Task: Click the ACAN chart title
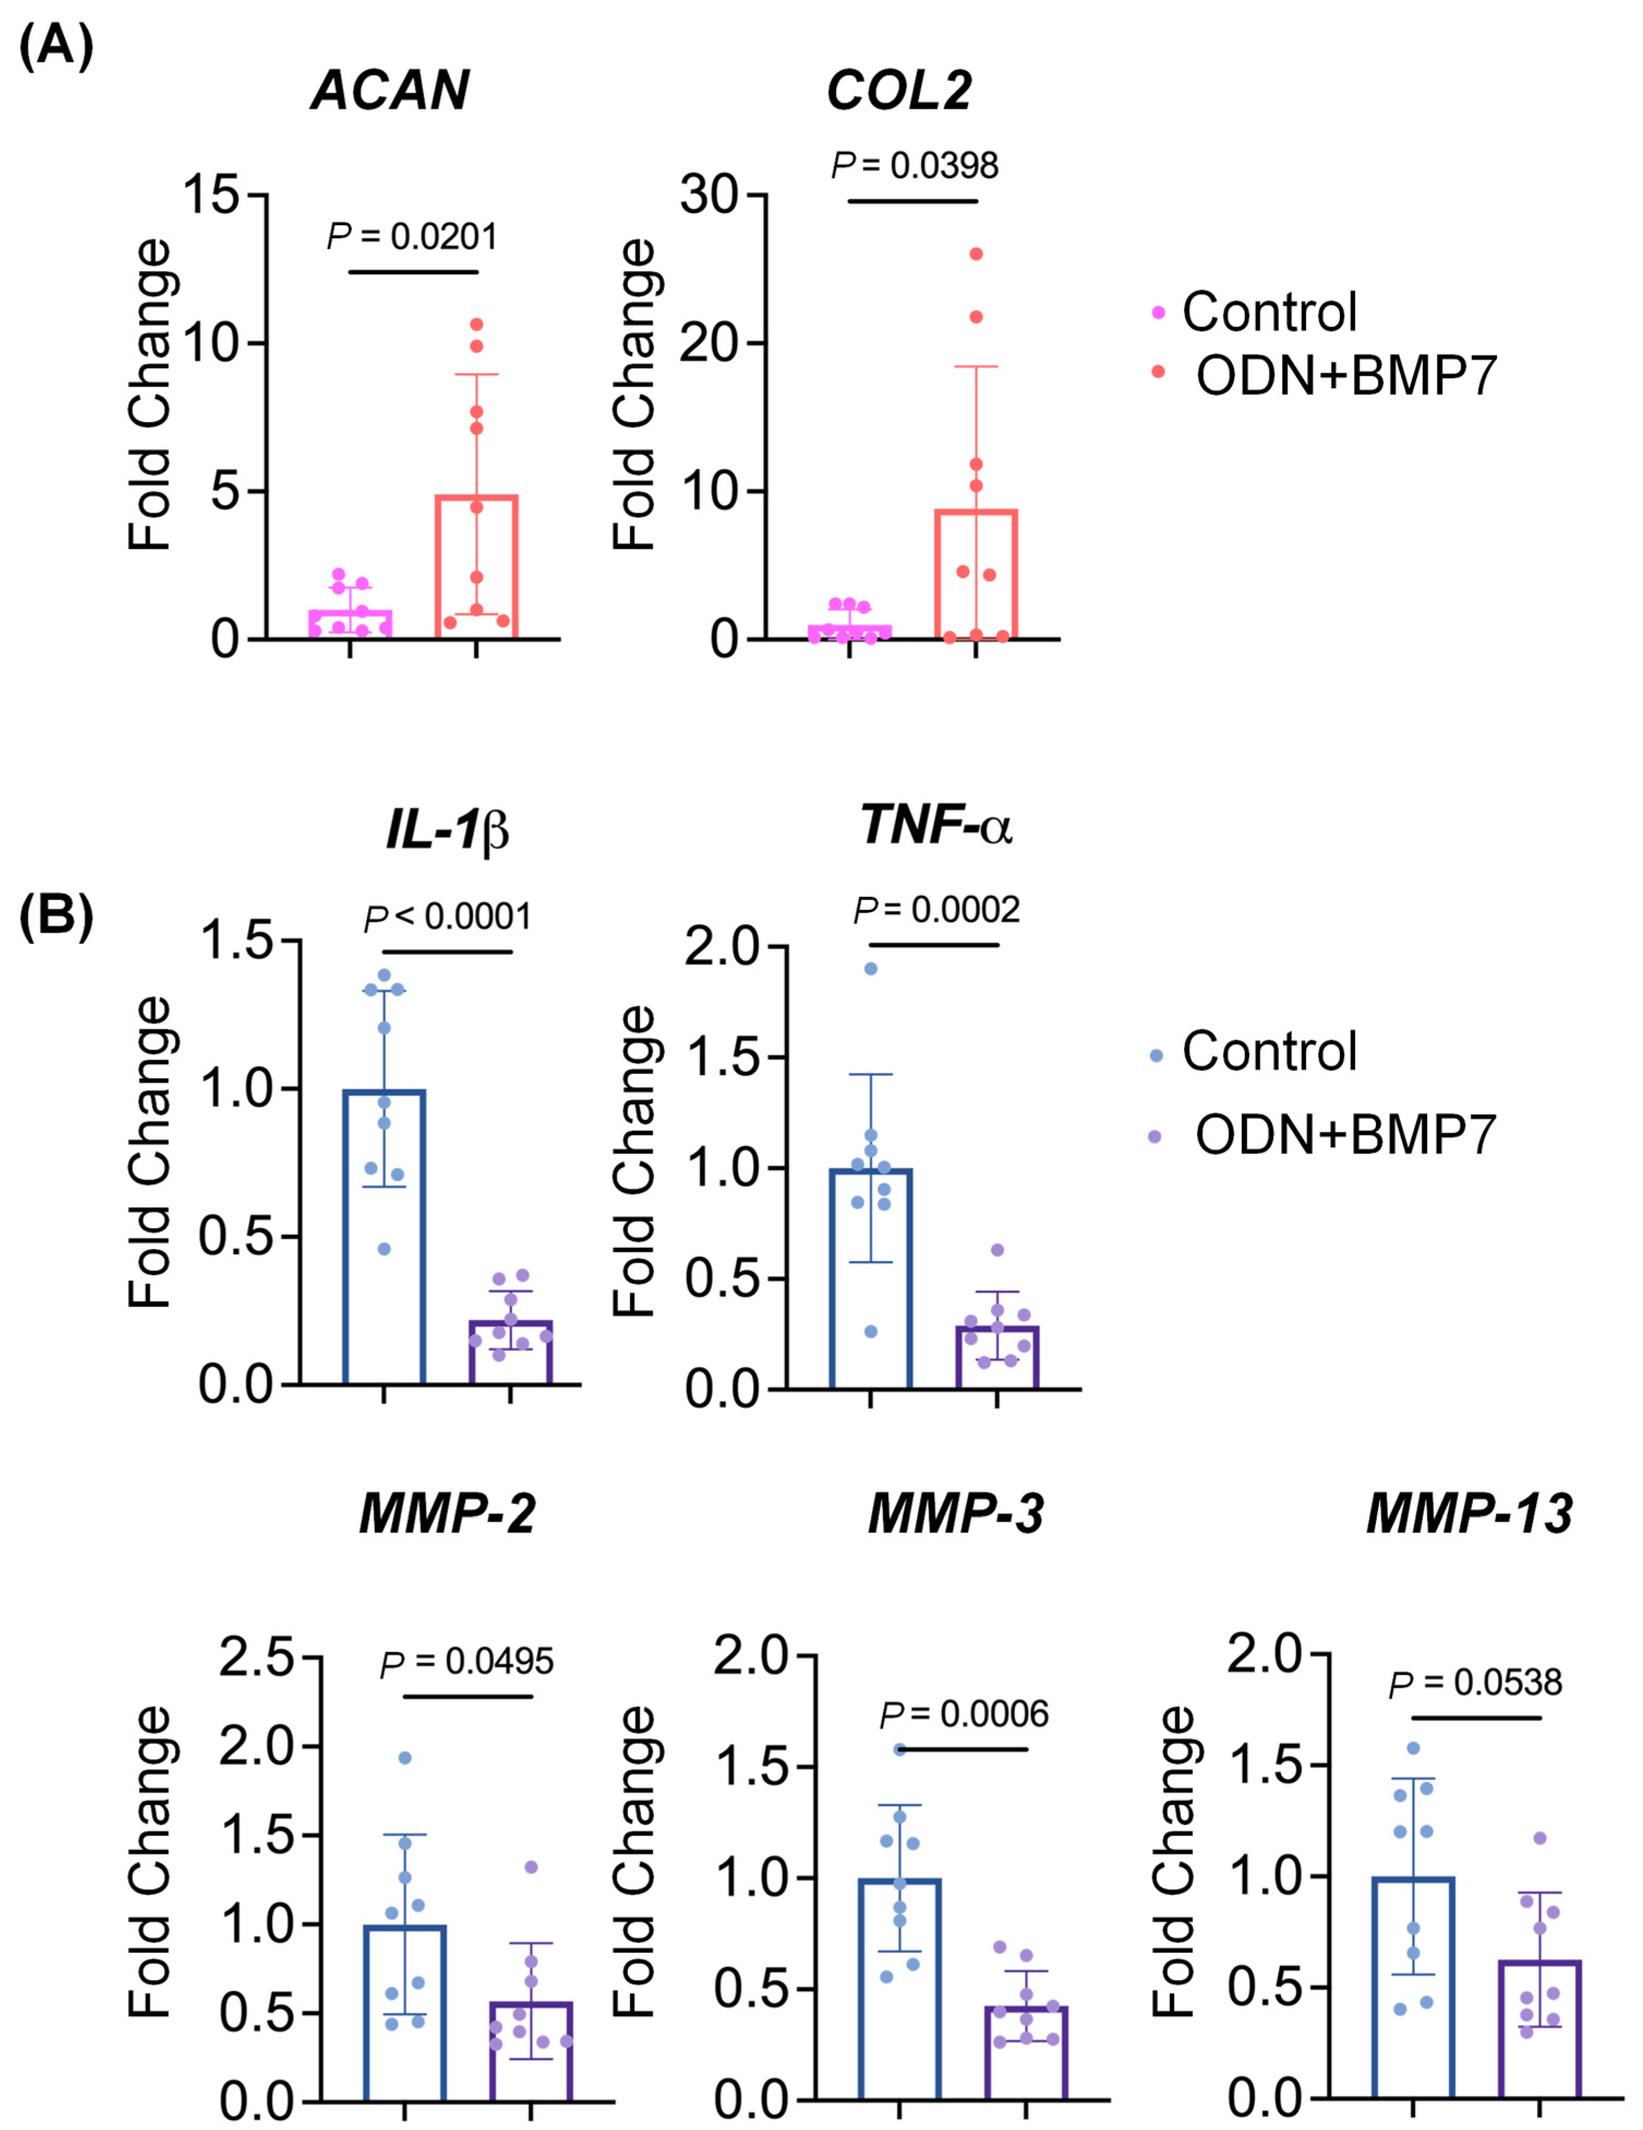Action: click(389, 90)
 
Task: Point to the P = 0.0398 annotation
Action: click(915, 166)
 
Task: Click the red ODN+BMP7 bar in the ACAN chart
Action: click(476, 566)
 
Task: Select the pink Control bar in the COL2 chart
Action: click(849, 632)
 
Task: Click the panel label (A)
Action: click(56, 46)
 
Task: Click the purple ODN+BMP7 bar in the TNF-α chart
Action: click(996, 1356)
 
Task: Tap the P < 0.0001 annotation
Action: click(448, 917)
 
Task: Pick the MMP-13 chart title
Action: click(1469, 1514)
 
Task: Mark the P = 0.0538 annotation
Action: click(1475, 1682)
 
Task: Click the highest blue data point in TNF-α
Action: click(871, 968)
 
